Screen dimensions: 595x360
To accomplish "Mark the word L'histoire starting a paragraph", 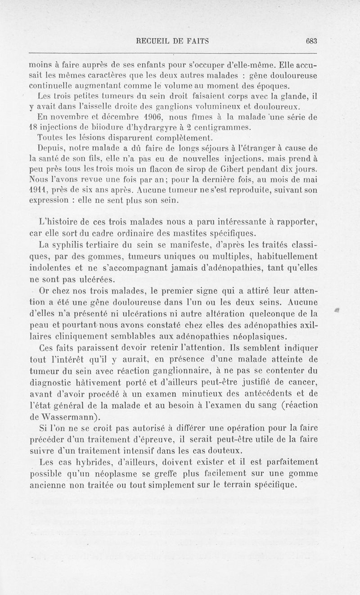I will pos(57,221).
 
